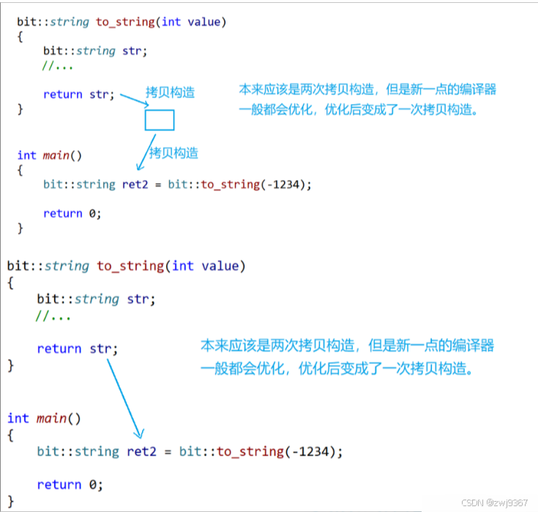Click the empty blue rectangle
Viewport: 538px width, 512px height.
[160, 120]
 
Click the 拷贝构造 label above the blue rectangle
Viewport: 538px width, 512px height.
[171, 92]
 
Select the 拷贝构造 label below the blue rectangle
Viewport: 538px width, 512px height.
[173, 153]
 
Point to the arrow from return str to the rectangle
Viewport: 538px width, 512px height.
[132, 99]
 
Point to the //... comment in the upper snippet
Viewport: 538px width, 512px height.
[57, 66]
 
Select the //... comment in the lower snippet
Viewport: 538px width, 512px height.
[53, 316]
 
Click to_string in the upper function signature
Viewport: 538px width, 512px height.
[125, 21]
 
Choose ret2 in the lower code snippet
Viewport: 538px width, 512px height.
[143, 451]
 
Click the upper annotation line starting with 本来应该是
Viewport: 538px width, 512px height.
[367, 90]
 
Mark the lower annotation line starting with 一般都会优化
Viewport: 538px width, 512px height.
[337, 369]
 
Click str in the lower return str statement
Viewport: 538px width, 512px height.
[102, 349]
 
